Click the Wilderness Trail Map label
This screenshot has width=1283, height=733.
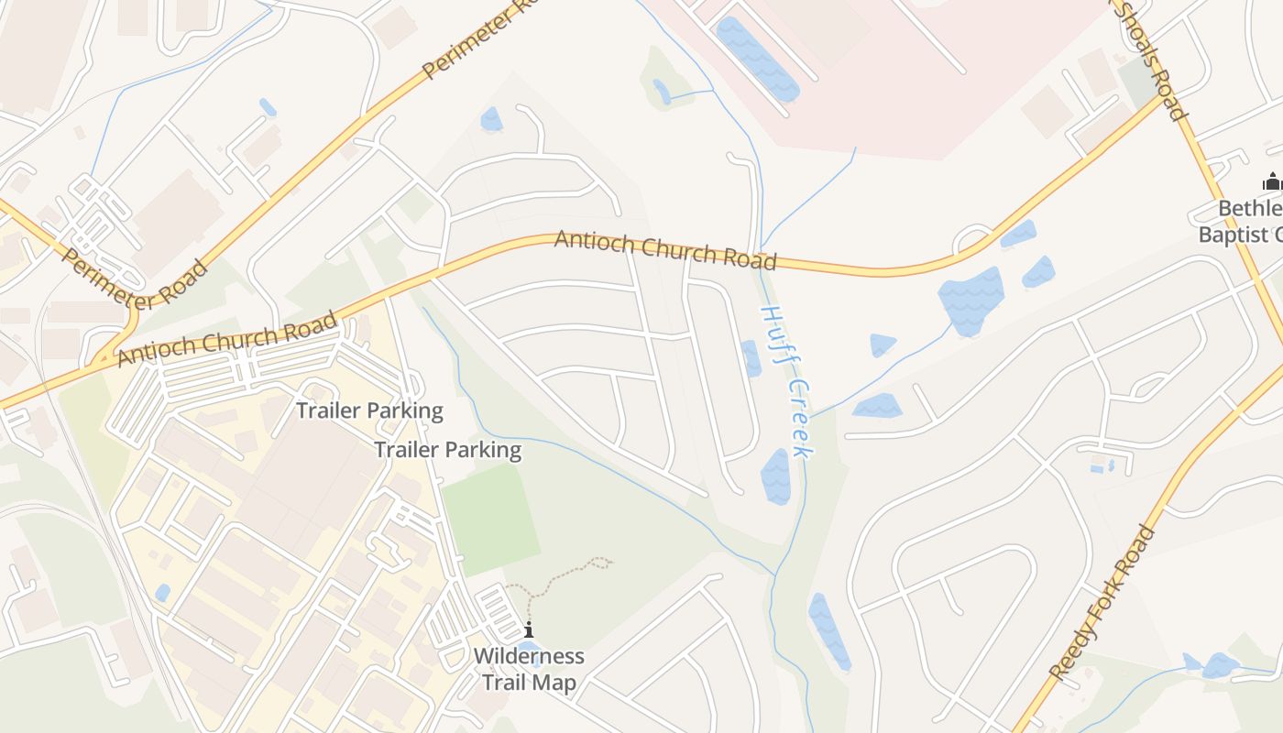click(529, 670)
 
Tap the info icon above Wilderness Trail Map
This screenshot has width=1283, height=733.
click(529, 630)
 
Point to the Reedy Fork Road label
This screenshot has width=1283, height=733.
click(1102, 602)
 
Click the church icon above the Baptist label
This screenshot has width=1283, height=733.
click(1272, 181)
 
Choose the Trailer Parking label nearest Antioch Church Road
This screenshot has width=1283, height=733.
click(369, 410)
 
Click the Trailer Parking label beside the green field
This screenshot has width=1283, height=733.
click(447, 450)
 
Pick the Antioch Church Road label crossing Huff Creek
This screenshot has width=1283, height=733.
click(666, 249)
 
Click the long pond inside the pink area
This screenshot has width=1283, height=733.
click(757, 59)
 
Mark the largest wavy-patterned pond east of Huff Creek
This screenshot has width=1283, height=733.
click(972, 299)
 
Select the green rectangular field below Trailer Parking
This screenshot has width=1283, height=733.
click(490, 519)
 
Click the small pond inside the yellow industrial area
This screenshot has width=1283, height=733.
click(162, 593)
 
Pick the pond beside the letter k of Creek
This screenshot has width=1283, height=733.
click(775, 476)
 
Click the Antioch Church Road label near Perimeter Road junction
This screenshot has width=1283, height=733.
click(227, 338)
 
